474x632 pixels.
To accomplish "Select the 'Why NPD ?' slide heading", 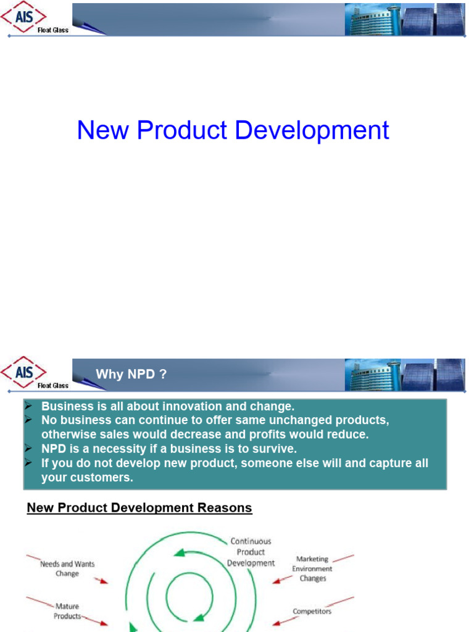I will (131, 375).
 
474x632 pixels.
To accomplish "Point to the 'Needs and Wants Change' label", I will (67, 568).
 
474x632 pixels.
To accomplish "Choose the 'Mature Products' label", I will (67, 611).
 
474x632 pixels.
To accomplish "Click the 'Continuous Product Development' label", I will (251, 552).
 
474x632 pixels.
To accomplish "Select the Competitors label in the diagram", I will (312, 612).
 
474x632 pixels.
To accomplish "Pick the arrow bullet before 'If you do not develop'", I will (28, 463).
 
